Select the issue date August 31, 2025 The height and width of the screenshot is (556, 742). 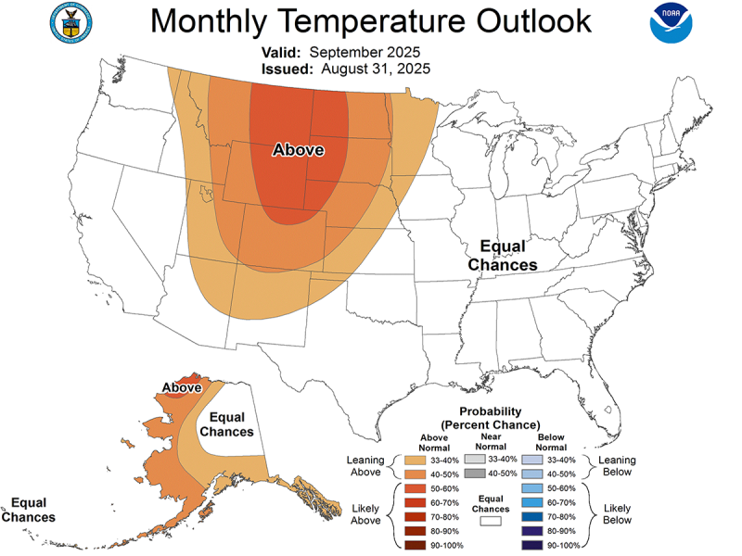point(376,69)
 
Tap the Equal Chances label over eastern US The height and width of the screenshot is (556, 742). point(502,256)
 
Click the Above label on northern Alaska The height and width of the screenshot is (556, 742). point(182,387)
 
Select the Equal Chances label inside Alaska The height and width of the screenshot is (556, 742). point(226,424)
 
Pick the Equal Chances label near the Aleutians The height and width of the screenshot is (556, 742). point(28,510)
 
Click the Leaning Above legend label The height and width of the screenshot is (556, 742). point(365,466)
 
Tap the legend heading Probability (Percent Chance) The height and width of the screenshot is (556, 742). point(489,418)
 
